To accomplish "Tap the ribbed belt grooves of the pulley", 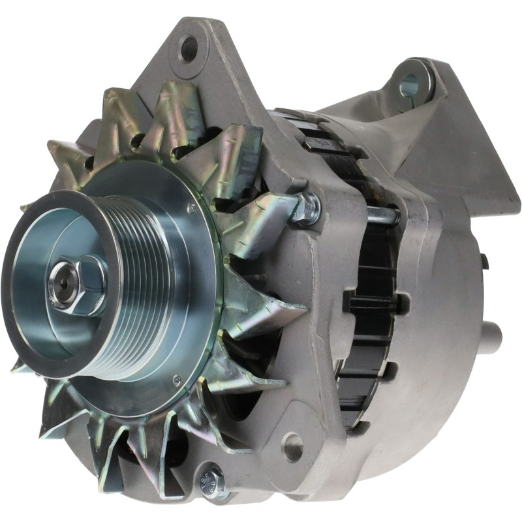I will [140, 274].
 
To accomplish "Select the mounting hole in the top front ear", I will [189, 46].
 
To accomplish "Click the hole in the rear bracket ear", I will [409, 83].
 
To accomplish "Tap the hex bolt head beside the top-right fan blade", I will [305, 207].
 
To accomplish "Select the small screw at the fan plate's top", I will [191, 208].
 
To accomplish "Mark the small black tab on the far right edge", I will [484, 261].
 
